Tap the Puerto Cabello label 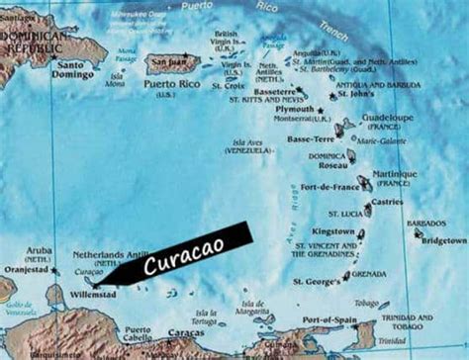[x=138, y=334]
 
